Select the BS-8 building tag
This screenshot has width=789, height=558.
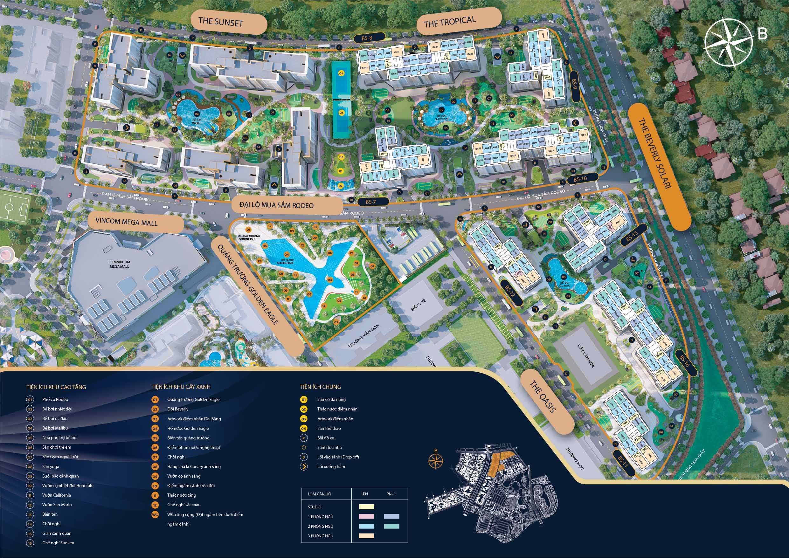click(367, 38)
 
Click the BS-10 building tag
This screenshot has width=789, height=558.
click(580, 179)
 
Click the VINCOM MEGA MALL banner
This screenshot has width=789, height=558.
click(127, 222)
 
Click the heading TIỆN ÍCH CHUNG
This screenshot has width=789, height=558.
click(320, 387)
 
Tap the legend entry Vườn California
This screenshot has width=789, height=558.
click(57, 495)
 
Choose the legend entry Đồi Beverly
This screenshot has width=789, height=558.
click(178, 409)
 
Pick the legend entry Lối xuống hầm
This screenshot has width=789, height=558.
click(331, 467)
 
